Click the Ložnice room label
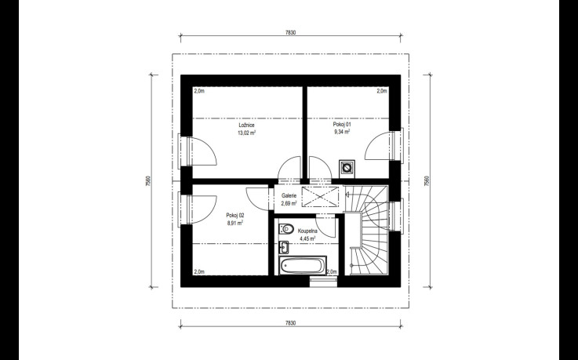(x=246, y=125)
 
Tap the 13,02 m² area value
(x=246, y=133)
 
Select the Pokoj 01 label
(x=342, y=125)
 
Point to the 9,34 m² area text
(x=342, y=133)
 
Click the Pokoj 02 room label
(x=235, y=215)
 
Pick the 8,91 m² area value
(x=235, y=223)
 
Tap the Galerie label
(x=289, y=195)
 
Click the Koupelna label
(x=307, y=231)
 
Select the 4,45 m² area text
(x=307, y=238)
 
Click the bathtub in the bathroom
(x=303, y=265)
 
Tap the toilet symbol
(x=285, y=229)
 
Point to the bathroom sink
(x=283, y=248)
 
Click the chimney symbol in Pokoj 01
(x=347, y=169)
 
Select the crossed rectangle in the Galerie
(x=320, y=197)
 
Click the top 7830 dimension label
(x=290, y=32)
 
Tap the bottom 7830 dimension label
(x=290, y=323)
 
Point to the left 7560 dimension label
(x=147, y=180)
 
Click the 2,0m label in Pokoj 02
(x=199, y=272)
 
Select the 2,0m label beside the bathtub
(x=332, y=272)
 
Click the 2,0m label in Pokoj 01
(x=382, y=91)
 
